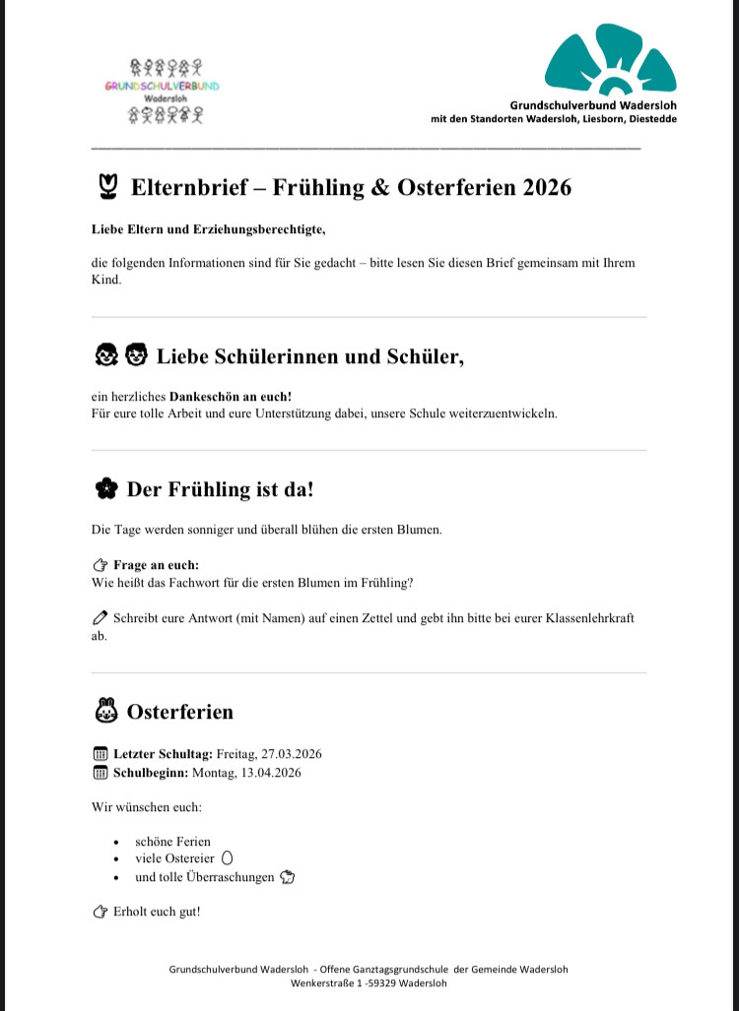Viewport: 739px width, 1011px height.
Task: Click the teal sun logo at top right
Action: click(x=611, y=61)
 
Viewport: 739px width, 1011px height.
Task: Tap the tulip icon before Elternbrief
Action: click(x=109, y=187)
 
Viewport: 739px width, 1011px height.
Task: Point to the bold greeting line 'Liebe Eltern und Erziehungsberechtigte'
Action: click(x=207, y=229)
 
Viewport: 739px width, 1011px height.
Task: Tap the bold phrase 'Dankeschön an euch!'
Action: click(x=230, y=396)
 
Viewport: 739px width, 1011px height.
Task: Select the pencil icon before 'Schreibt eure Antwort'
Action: click(x=99, y=619)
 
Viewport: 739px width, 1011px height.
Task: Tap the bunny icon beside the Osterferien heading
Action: click(x=105, y=711)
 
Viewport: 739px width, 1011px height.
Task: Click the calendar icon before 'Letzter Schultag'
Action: click(x=99, y=754)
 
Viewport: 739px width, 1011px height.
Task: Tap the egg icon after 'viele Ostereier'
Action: click(x=228, y=858)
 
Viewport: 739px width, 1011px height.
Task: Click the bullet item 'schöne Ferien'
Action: click(x=172, y=842)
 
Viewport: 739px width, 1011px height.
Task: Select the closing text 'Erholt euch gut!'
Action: click(x=157, y=912)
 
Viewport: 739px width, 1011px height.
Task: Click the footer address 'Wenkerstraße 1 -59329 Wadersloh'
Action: click(x=368, y=982)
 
